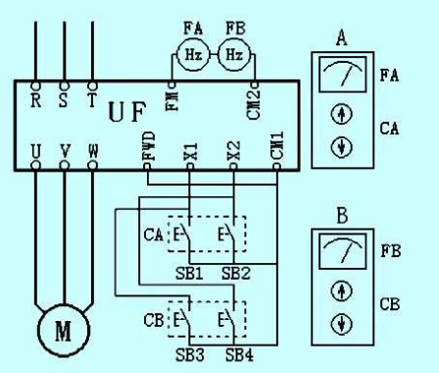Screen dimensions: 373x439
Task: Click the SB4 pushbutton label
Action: (236, 354)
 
